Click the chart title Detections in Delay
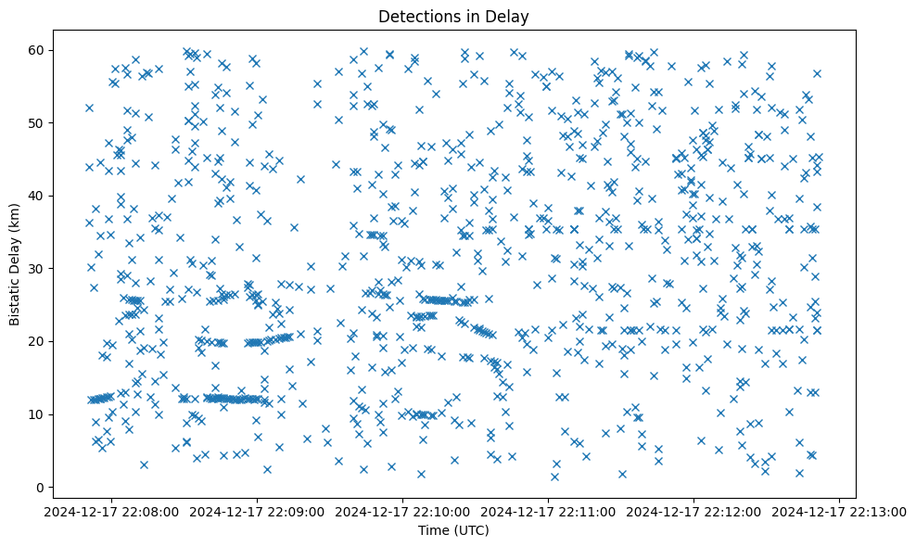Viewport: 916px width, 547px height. [x=453, y=16]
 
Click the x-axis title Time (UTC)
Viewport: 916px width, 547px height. [x=453, y=531]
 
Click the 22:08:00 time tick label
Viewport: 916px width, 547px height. [x=112, y=511]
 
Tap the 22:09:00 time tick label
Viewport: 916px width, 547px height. [x=258, y=511]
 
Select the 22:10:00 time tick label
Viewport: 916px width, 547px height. [x=403, y=511]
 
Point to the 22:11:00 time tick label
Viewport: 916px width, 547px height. [x=549, y=511]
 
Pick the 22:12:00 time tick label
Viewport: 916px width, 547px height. [x=694, y=511]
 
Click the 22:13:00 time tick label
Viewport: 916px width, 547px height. [x=840, y=511]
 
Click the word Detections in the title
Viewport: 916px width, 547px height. [x=417, y=16]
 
